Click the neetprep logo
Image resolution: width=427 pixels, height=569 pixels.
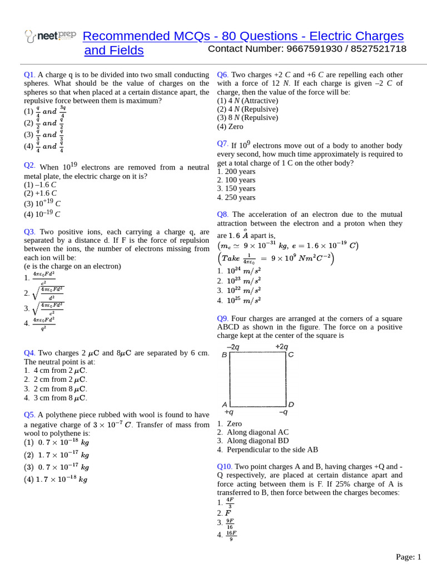pos(51,36)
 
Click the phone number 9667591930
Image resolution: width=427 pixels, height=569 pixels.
pos(314,49)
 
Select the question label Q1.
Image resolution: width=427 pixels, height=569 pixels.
pos(29,74)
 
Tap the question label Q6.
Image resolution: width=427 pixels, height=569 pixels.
pos(223,74)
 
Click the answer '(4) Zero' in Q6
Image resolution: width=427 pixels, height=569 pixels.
pos(230,126)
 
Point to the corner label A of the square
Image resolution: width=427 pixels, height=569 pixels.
pos(225,405)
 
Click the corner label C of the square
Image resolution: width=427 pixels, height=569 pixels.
pos(291,355)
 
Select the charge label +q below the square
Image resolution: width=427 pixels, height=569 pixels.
pos(229,413)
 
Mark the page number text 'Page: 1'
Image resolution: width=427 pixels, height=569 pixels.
pos(409,557)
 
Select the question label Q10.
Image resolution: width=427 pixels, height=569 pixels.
pos(225,466)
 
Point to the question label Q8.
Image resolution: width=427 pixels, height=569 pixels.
pos(223,214)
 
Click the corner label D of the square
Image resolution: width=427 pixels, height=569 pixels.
pos(291,405)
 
